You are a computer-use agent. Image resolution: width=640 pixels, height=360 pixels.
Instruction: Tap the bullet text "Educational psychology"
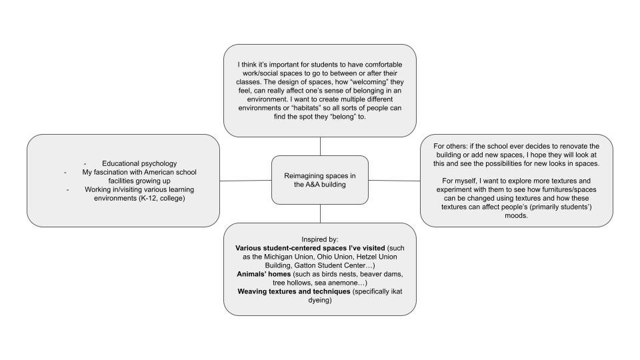click(139, 163)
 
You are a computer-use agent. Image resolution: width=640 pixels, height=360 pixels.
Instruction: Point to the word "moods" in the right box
click(517, 215)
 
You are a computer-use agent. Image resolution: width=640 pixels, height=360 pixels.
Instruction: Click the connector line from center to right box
click(395, 181)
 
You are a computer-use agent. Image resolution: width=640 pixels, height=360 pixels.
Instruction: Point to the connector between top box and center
click(320, 146)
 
